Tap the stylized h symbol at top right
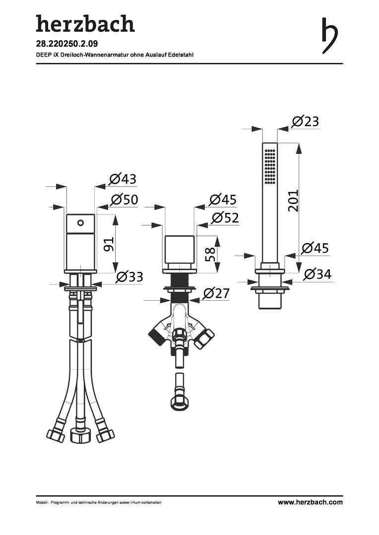click(330, 36)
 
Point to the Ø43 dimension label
click(123, 179)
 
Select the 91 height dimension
click(108, 244)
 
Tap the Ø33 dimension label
click(129, 277)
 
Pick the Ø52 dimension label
click(225, 217)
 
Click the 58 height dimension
click(210, 254)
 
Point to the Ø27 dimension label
click(216, 293)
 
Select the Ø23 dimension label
click(306, 121)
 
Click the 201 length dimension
click(293, 200)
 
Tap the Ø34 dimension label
click(317, 273)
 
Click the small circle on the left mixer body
click(80, 223)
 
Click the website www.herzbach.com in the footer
click(310, 502)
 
